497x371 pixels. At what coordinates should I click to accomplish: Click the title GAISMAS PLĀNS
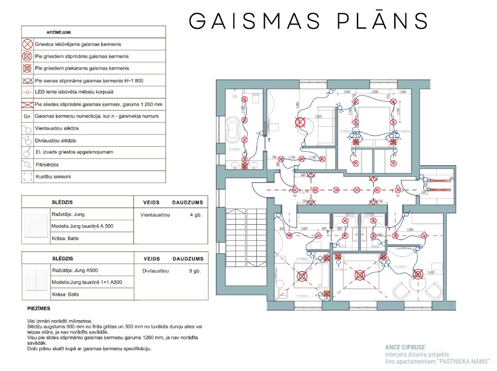point(308,21)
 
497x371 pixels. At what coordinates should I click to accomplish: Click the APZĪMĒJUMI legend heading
point(62,32)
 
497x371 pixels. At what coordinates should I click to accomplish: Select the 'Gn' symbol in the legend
point(27,117)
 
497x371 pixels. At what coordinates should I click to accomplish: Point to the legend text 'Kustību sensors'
point(53,177)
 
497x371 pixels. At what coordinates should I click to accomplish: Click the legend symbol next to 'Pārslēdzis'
point(27,165)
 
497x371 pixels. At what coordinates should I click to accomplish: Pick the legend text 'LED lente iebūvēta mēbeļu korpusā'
point(74,92)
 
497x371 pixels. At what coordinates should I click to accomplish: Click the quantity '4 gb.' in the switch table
point(196,214)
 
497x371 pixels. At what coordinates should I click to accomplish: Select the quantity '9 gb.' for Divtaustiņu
point(195,271)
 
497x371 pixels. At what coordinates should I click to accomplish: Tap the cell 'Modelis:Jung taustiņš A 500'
point(83,226)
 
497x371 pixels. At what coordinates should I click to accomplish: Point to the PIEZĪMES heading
point(39,309)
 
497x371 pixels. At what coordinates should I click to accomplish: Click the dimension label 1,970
point(318,117)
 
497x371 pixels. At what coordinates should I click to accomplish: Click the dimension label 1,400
point(431,273)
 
